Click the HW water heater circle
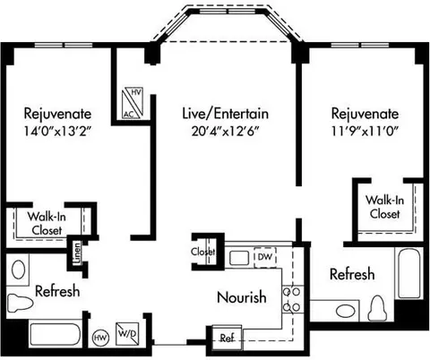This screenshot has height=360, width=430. pos(100,338)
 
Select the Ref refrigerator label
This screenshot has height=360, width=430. pos(227,338)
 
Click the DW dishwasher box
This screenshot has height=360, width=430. pos(265,257)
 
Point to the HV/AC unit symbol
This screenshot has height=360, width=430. pos(133,102)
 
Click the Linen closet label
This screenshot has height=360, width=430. pos(77,253)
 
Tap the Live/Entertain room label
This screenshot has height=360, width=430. pos(226,114)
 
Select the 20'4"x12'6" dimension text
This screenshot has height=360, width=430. pos(225,131)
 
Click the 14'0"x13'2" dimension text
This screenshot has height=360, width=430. pos(57,131)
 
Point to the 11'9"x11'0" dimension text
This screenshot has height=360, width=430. pos(365,131)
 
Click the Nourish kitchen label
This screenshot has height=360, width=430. pos(242,297)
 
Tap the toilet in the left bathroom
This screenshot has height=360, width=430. pos(20,303)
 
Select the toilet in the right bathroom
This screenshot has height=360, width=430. pos(377,308)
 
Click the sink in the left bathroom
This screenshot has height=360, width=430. pos(18,270)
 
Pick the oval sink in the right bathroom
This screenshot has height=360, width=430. pos(346,311)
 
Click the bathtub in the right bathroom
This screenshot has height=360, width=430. pos(409,273)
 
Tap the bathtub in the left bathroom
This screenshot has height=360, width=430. pos(56,334)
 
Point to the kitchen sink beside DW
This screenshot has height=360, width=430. pos(238,258)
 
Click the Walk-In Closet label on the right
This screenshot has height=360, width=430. pos(384,207)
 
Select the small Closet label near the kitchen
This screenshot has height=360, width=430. pos(203,252)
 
